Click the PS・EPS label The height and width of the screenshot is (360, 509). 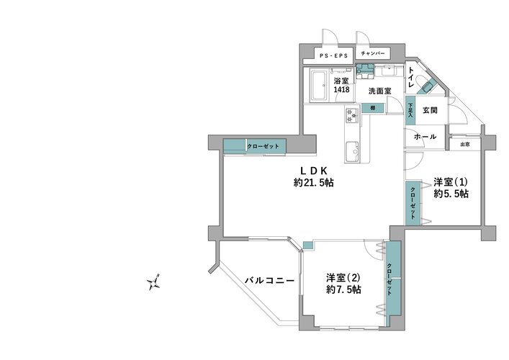coord(334,56)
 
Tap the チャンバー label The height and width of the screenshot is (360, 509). coord(373,53)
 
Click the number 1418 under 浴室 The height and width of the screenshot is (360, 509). coord(342,89)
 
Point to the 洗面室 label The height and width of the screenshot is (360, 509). coord(379,91)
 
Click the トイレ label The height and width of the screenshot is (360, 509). coord(410,77)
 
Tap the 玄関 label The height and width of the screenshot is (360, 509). coord(430,110)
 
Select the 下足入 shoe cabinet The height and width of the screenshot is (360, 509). coord(410,110)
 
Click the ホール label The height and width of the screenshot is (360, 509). coord(425,137)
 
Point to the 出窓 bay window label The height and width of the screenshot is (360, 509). coord(465,145)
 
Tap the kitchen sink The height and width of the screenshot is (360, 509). coord(352,152)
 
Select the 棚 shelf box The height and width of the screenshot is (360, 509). coord(373,108)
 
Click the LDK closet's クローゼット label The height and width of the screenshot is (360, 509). coord(263,146)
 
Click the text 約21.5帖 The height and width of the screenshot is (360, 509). coord(313,182)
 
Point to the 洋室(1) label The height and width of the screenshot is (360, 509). coord(451,181)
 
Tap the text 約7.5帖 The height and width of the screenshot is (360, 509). coord(343,289)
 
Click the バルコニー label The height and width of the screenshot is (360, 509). coord(269,280)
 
